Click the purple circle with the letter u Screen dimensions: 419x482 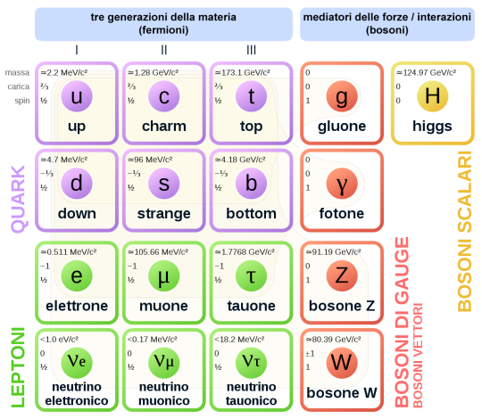(x=76, y=95)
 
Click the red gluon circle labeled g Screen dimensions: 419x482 (x=342, y=95)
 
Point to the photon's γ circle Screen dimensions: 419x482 (x=342, y=184)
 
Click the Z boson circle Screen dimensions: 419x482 (x=342, y=275)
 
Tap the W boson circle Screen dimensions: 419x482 (x=342, y=363)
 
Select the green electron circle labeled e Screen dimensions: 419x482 (x=76, y=275)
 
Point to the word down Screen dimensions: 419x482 (x=76, y=214)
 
